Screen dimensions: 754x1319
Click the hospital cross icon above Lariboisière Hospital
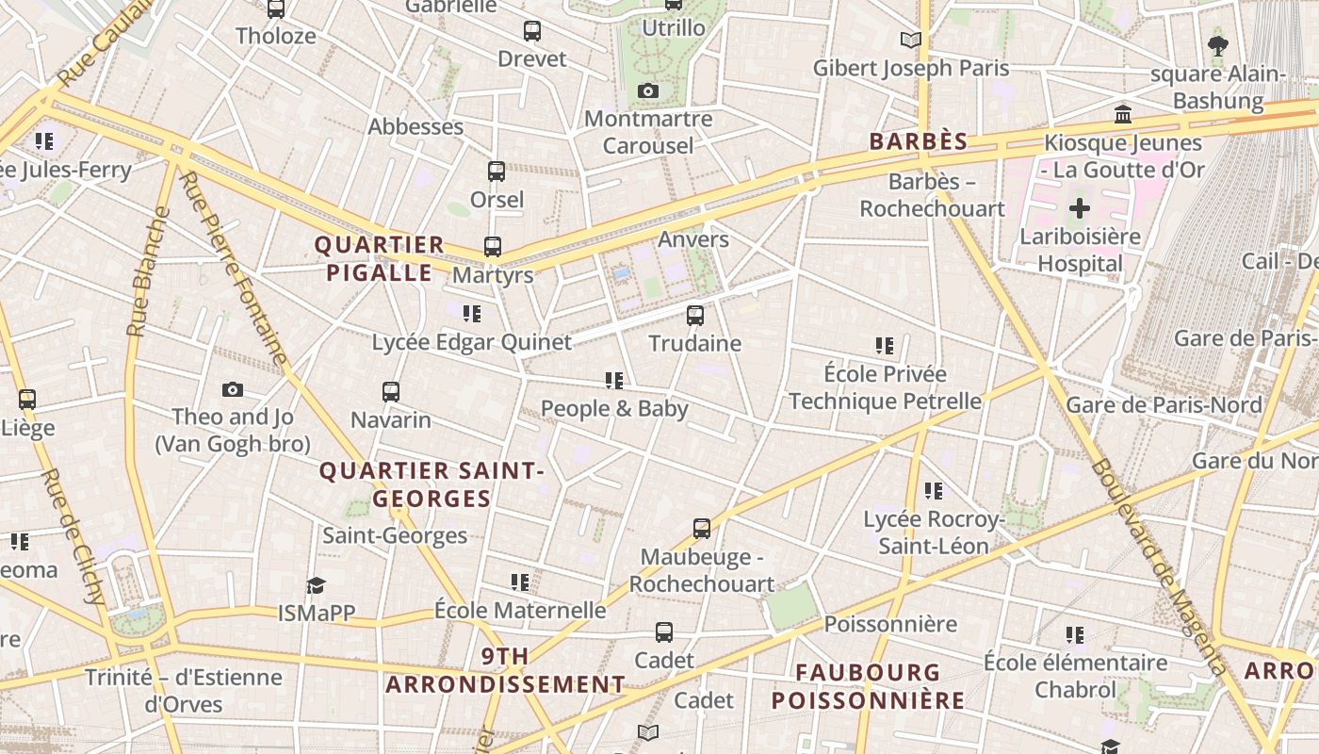(1080, 208)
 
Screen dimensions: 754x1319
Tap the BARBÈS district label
(918, 141)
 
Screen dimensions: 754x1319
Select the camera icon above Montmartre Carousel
(648, 91)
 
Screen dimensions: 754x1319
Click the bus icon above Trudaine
(695, 316)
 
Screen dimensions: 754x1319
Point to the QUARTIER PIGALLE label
(379, 259)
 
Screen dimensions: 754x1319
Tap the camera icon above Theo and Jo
(233, 389)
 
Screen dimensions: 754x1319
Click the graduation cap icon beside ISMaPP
(316, 586)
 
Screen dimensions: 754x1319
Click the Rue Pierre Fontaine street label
(232, 269)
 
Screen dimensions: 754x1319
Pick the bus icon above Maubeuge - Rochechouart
(702, 529)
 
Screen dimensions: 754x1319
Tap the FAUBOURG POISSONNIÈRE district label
(868, 686)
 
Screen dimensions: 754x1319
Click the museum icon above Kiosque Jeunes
(1123, 115)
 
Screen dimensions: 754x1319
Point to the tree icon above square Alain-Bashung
(1217, 45)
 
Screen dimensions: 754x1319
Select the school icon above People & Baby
(614, 381)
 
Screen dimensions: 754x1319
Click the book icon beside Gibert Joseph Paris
(910, 40)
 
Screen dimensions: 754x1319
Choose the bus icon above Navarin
(391, 392)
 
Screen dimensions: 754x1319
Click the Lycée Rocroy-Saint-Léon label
(934, 533)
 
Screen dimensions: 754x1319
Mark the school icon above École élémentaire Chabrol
(1075, 635)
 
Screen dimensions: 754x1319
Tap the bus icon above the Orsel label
(497, 172)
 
